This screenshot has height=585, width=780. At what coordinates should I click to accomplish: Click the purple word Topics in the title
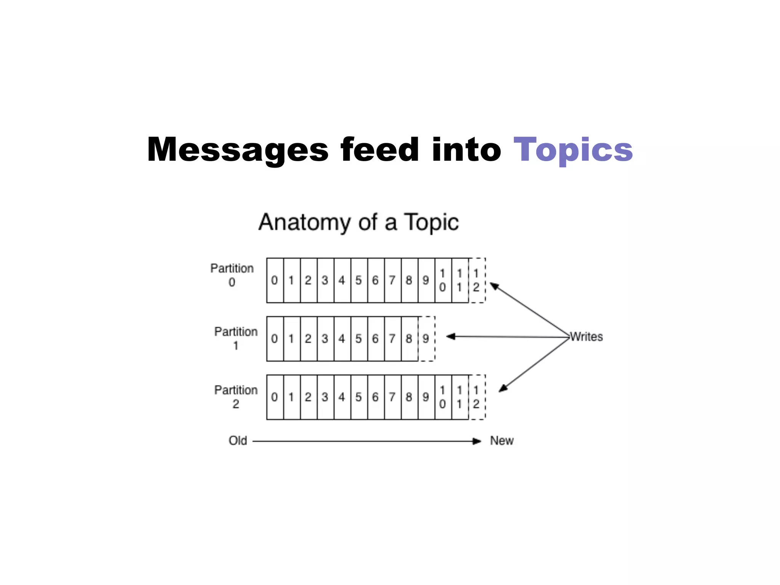click(573, 150)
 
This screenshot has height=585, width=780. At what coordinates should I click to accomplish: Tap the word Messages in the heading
click(238, 150)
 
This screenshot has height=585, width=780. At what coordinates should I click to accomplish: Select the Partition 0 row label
click(232, 275)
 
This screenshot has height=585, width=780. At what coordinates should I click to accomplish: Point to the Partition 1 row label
click(236, 338)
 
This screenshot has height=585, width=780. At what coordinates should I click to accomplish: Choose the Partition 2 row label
click(236, 396)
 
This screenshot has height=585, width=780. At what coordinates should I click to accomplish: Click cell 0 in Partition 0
click(275, 280)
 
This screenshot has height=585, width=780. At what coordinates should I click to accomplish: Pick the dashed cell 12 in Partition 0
click(476, 280)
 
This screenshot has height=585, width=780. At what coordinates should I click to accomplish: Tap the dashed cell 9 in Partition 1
click(426, 339)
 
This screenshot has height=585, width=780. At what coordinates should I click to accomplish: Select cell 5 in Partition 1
click(359, 339)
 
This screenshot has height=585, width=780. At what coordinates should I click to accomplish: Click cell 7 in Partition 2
click(392, 397)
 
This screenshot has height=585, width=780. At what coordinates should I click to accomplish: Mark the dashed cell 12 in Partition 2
click(476, 397)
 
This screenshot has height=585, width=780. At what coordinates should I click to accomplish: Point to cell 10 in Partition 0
click(443, 280)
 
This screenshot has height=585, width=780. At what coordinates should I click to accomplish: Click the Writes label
click(587, 337)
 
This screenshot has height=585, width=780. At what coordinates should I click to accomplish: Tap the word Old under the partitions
click(238, 441)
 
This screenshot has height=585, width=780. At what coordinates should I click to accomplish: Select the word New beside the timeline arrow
click(502, 441)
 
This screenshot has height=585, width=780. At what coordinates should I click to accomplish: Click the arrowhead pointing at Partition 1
click(451, 336)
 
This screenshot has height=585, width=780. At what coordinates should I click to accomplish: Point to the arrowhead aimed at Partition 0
click(494, 286)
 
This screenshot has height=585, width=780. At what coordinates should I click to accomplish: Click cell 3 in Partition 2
click(325, 397)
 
